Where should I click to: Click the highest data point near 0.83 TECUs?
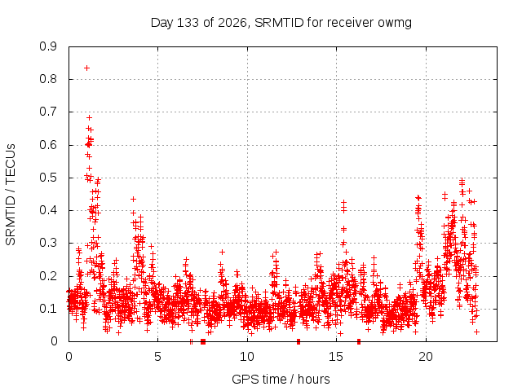[86, 68]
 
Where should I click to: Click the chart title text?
[281, 23]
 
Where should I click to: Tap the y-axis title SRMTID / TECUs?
[11, 195]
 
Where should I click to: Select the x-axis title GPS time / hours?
[281, 379]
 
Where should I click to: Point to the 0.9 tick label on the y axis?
[48, 46]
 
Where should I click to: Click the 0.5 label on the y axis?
[48, 178]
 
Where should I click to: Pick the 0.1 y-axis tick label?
[48, 309]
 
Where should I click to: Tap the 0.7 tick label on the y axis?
[48, 112]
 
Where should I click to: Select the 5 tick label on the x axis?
[157, 357]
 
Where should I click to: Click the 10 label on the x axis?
[247, 357]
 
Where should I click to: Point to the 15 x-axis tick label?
[336, 357]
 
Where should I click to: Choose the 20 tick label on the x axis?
[426, 357]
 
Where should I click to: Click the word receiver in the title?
[351, 23]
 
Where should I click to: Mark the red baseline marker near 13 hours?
[299, 341]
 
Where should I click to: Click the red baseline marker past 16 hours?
[359, 341]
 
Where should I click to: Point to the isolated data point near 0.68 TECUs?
[89, 117]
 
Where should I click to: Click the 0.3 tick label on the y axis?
[48, 243]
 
